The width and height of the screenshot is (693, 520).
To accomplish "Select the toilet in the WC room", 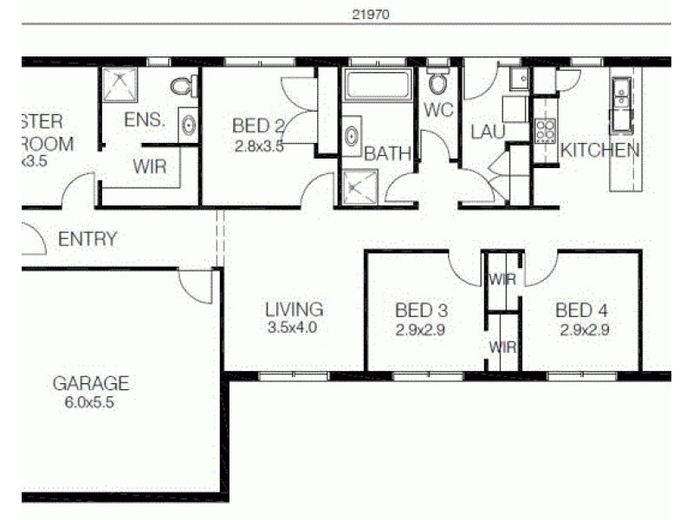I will click(x=437, y=83).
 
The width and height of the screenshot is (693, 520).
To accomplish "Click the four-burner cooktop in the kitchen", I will click(x=545, y=130).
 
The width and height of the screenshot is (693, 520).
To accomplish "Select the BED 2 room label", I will click(x=257, y=127).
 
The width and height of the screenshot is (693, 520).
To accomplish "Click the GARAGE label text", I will click(x=91, y=382).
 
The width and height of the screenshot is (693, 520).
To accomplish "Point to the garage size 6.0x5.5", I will click(x=91, y=402).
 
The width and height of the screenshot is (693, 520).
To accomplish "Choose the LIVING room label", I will click(x=295, y=309).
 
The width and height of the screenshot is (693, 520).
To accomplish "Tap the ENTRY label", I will click(x=87, y=239).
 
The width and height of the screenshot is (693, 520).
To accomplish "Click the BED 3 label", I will click(x=420, y=310).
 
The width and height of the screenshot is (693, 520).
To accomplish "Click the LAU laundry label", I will click(x=487, y=132).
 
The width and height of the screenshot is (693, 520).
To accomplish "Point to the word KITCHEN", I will click(x=600, y=150).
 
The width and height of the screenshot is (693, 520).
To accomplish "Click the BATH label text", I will click(x=387, y=154).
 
